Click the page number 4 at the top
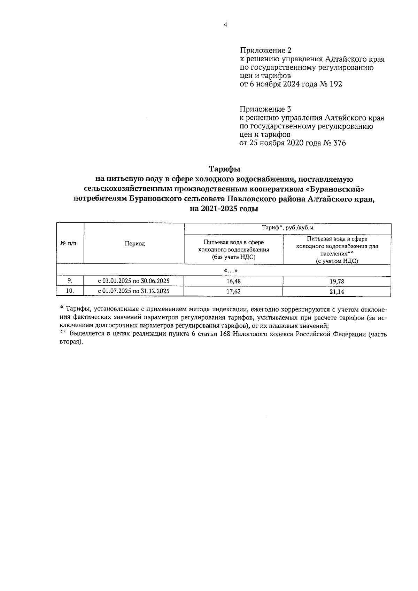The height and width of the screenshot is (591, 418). (225, 25)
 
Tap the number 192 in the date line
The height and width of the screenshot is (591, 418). (335, 84)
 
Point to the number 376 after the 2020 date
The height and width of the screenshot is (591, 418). (339, 143)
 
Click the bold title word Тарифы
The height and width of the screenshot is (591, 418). (225, 169)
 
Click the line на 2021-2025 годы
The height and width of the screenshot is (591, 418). (225, 209)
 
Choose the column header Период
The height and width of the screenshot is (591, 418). (135, 244)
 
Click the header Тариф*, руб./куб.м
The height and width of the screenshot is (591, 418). (287, 228)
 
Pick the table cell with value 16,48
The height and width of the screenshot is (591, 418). (233, 281)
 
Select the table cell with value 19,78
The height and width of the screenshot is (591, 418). (336, 281)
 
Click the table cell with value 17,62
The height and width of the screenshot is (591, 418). (233, 292)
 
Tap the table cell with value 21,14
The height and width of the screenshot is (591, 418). (336, 292)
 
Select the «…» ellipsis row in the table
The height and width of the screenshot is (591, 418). (223, 271)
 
